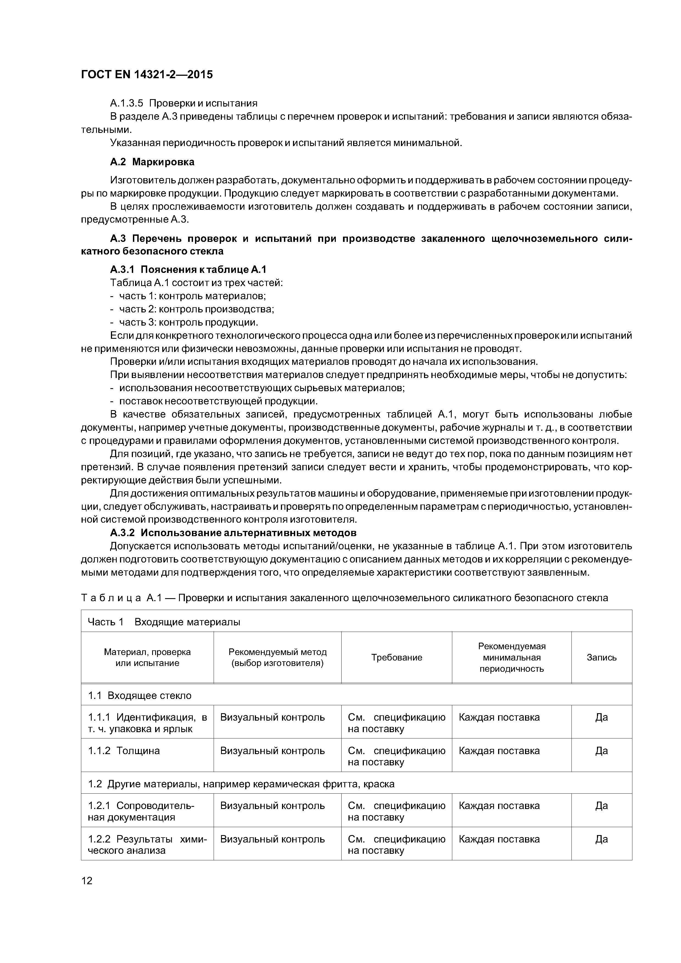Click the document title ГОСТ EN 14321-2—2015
click(147, 75)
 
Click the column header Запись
click(601, 657)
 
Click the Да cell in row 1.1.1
click(601, 717)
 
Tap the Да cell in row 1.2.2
click(601, 839)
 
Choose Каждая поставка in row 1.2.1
click(499, 805)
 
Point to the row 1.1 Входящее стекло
click(140, 695)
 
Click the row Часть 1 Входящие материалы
click(164, 622)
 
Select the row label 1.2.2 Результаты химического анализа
click(147, 844)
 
